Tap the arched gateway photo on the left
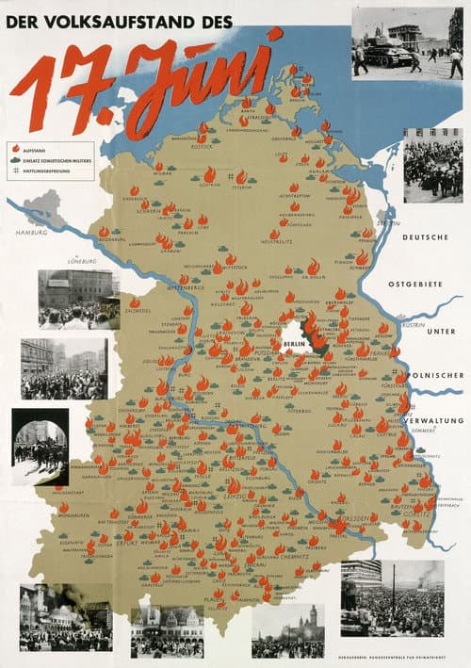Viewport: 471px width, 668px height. click(x=40, y=446)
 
